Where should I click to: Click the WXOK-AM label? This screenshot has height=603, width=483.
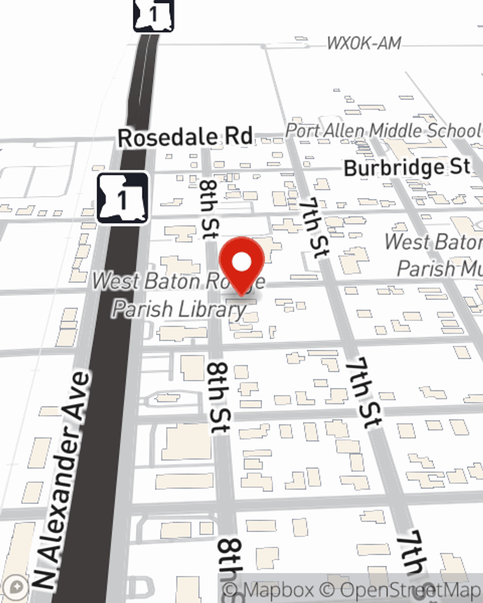coord(364,43)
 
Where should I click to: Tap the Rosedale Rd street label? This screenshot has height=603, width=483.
coord(185,137)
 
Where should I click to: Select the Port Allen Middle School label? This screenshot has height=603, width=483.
coord(383,130)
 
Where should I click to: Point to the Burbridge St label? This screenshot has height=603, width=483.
coord(407,167)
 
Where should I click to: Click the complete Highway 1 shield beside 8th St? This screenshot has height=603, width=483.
coord(123,198)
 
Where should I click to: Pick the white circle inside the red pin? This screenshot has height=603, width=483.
coord(242,262)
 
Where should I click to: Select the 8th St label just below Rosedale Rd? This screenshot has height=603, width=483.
coord(209,209)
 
